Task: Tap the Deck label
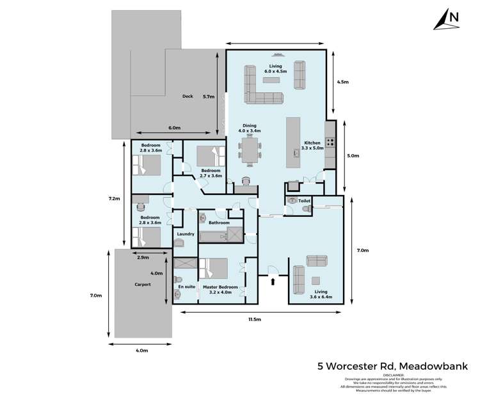[x=188, y=97]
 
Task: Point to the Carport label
[x=142, y=284]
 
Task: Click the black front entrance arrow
[x=274, y=280]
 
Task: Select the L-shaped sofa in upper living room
[x=261, y=90]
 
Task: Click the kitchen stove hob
[x=330, y=143]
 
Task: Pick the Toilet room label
[x=305, y=201]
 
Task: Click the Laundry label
[x=186, y=234]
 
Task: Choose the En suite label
[x=186, y=287]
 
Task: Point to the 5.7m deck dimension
[x=207, y=97]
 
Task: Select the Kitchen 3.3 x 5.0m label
[x=312, y=146]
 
